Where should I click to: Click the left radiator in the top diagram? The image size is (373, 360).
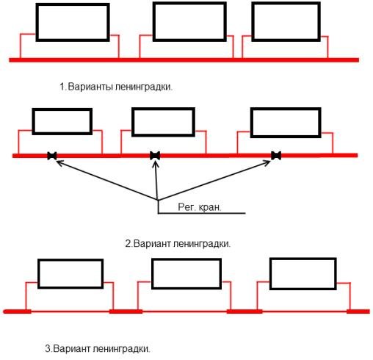(x=72, y=22)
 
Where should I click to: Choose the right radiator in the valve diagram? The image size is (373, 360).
(x=286, y=122)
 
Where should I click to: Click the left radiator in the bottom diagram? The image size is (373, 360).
(x=70, y=274)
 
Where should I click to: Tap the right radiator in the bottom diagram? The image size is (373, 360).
(x=302, y=273)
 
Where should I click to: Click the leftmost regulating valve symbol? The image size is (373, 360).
(x=52, y=156)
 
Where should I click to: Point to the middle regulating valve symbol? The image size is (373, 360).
(x=155, y=156)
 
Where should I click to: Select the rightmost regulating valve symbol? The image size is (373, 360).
(x=276, y=156)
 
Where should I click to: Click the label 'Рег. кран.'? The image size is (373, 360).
(x=198, y=208)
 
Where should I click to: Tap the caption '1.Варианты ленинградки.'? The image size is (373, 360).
(x=120, y=87)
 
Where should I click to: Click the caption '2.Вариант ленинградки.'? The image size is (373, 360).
(x=178, y=243)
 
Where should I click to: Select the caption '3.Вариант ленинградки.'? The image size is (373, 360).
(x=101, y=348)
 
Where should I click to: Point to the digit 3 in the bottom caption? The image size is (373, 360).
(x=55, y=348)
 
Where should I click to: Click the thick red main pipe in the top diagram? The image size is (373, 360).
(x=184, y=59)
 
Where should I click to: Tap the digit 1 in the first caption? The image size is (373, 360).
(x=62, y=87)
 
